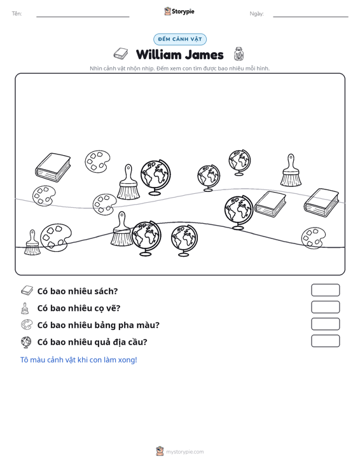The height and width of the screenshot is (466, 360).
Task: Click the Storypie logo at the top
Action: click(x=179, y=11)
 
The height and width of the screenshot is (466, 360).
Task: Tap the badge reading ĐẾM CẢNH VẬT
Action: click(x=180, y=39)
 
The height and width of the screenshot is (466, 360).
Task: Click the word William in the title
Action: click(x=158, y=55)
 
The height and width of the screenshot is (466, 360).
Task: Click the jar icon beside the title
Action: click(x=239, y=54)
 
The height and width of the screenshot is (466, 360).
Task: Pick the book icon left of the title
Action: click(x=120, y=53)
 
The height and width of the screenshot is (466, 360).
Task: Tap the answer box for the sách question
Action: click(x=325, y=290)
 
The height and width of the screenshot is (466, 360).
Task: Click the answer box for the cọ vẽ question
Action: click(x=325, y=307)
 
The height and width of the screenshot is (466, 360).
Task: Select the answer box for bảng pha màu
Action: click(x=325, y=324)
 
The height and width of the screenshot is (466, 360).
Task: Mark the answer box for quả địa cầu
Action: click(x=325, y=341)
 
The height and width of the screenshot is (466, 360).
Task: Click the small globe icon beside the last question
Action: click(x=26, y=342)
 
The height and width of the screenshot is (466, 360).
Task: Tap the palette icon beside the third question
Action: click(x=27, y=324)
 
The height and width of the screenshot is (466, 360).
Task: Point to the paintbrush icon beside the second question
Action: click(x=25, y=308)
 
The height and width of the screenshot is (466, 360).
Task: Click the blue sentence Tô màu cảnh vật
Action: click(x=78, y=360)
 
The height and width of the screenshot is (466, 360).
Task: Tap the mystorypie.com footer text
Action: click(x=184, y=452)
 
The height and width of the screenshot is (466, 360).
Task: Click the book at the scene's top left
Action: click(x=53, y=168)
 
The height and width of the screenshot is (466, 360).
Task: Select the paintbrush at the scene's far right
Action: click(x=291, y=170)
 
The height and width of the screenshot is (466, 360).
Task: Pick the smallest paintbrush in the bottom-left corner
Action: click(x=32, y=242)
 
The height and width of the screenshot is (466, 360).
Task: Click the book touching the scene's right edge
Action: click(x=321, y=203)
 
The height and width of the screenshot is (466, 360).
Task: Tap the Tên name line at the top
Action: click(x=83, y=17)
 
